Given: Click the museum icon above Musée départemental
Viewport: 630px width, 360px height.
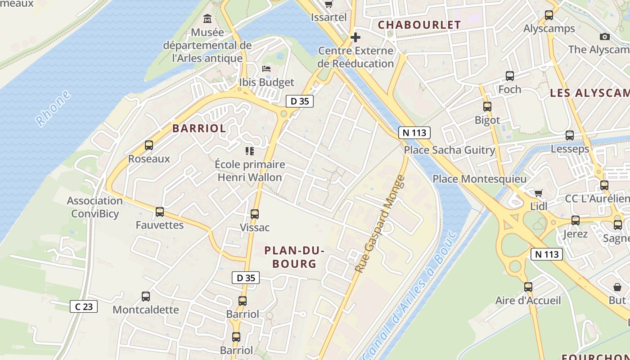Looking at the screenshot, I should pos(207,19).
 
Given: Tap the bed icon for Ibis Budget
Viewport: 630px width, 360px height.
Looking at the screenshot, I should pos(266,69).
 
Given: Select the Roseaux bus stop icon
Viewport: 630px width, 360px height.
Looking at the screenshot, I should pos(149,145).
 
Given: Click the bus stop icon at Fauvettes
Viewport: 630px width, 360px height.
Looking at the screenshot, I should pos(160,211).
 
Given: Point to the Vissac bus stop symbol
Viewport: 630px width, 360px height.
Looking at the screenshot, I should pos(255,214).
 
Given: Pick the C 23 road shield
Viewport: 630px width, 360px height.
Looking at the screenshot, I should pos(84,307).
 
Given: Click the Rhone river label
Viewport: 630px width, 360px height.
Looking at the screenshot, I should pos(53,108).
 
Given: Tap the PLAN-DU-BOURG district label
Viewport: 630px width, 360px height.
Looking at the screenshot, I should pos(294,257).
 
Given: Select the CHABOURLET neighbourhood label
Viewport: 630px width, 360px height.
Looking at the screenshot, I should pos(419,25).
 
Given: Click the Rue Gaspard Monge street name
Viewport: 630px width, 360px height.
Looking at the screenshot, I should pos(380,224).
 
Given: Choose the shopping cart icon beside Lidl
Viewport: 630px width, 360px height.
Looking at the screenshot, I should pos(538,193).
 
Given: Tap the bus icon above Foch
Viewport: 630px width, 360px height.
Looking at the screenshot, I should pos(510,76).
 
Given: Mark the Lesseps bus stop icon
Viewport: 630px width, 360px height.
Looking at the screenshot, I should pos(570,135).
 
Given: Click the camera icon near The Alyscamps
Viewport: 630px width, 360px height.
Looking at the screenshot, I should pos(605,37).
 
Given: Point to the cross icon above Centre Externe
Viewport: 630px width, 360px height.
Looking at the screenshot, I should pos(355,37).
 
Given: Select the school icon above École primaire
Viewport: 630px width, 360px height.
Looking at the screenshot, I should pos(250,151).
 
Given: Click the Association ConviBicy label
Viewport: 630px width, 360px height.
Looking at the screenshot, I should pos(94,207).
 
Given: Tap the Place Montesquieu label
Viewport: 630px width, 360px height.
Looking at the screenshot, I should pos(479,179).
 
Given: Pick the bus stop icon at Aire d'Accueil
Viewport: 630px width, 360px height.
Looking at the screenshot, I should pos(528,287).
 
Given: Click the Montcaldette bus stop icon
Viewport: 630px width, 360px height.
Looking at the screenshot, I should pos(146,296).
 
